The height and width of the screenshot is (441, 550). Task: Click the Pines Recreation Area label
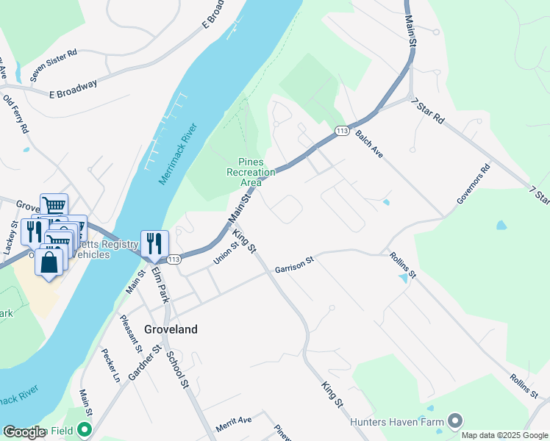pyautogui.click(x=251, y=172)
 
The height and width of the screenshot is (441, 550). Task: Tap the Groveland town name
pyautogui.click(x=171, y=329)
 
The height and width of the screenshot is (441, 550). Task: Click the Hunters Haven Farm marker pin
pyautogui.click(x=455, y=420)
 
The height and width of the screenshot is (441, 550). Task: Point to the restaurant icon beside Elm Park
pyautogui.click(x=154, y=243)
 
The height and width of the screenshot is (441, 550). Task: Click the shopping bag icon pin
pyautogui.click(x=49, y=263)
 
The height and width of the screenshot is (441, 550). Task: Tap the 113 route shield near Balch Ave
pyautogui.click(x=342, y=130)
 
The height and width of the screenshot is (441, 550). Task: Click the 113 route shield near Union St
pyautogui.click(x=174, y=259)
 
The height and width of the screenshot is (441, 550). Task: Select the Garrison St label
pyautogui.click(x=294, y=265)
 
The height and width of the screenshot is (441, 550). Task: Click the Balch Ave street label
pyautogui.click(x=370, y=140)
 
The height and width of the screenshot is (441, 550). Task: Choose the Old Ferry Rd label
pyautogui.click(x=15, y=113)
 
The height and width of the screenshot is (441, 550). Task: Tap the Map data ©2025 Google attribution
pyautogui.click(x=504, y=434)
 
